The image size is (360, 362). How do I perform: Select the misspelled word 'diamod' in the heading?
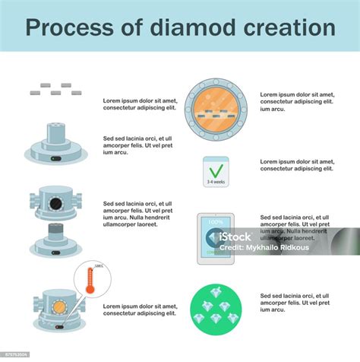click(x=188, y=27)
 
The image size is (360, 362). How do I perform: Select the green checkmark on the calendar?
click(x=216, y=168)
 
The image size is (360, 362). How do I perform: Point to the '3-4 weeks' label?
click(x=216, y=183)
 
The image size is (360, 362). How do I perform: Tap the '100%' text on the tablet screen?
click(x=215, y=222)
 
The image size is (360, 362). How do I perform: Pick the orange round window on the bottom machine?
click(x=58, y=306)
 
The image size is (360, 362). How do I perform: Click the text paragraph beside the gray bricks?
click(x=141, y=103)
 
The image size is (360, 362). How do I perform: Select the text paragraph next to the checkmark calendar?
click(x=297, y=165)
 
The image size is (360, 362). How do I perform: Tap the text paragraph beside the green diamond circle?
click(x=297, y=303)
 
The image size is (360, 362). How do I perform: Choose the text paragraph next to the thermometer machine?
click(x=141, y=309)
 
